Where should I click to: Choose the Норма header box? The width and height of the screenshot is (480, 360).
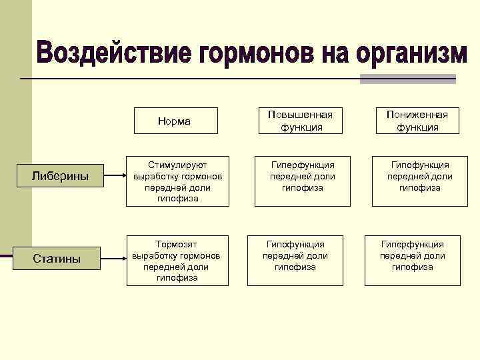pos(174,121)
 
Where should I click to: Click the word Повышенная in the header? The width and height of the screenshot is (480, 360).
pos(300,115)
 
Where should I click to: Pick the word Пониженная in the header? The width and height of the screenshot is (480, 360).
pos(417,115)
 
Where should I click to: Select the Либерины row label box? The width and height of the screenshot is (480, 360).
pos(61,176)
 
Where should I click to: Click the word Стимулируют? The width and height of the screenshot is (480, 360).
pos(177,165)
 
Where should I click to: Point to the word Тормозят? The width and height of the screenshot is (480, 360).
pos(177,245)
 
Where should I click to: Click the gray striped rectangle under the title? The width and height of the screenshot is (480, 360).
pos(407,79)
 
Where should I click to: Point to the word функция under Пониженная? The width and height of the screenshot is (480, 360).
pos(417,127)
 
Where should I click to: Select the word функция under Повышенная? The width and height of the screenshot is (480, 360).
pos(300,127)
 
